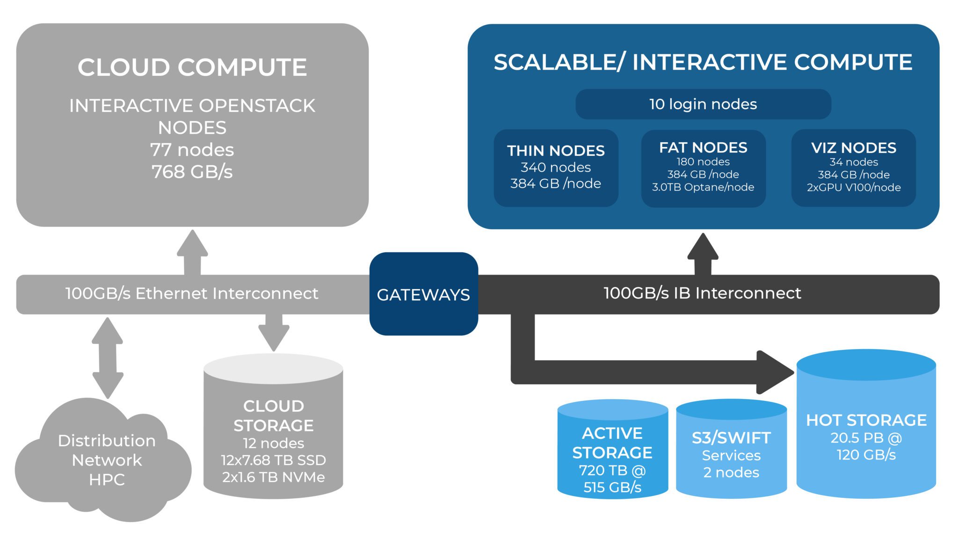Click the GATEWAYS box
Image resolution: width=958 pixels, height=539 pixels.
tap(423, 294)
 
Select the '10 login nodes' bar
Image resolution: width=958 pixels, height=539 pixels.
tap(703, 104)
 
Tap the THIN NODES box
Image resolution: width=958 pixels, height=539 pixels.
tap(556, 168)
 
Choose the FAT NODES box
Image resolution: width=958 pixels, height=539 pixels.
tap(703, 168)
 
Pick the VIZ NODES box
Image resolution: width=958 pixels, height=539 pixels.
tap(853, 168)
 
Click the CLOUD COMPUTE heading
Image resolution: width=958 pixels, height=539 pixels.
tap(192, 67)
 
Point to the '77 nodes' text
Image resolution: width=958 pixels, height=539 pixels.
tap(192, 150)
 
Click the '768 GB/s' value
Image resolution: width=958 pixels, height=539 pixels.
tap(192, 172)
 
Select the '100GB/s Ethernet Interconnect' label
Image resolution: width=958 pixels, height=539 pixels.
tap(192, 293)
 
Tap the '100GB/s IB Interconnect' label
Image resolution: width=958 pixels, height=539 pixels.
tap(702, 293)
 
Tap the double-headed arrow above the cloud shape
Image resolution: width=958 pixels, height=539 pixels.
tap(108, 358)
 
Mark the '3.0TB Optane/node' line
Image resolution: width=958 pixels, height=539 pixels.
tap(703, 187)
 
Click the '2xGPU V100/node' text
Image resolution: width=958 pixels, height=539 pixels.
tap(853, 188)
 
